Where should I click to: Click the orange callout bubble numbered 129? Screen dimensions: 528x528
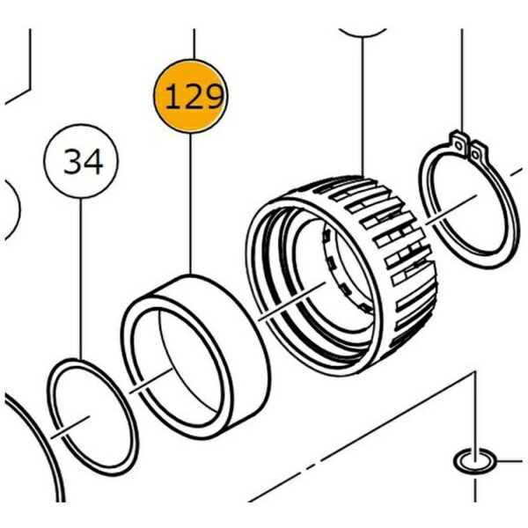click(x=191, y=96)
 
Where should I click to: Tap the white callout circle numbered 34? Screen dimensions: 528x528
click(x=81, y=161)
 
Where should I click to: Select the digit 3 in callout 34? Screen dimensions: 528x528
click(x=73, y=162)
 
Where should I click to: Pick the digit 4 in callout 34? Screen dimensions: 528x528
click(x=92, y=162)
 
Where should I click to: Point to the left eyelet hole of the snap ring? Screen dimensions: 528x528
click(x=458, y=145)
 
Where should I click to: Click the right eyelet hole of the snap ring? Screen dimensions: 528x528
click(x=475, y=155)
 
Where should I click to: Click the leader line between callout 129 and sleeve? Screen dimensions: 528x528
click(x=190, y=204)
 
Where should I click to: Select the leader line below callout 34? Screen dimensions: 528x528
click(x=81, y=278)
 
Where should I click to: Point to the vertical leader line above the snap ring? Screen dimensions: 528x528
click(x=462, y=81)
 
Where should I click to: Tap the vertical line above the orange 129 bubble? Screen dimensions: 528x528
click(x=194, y=44)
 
